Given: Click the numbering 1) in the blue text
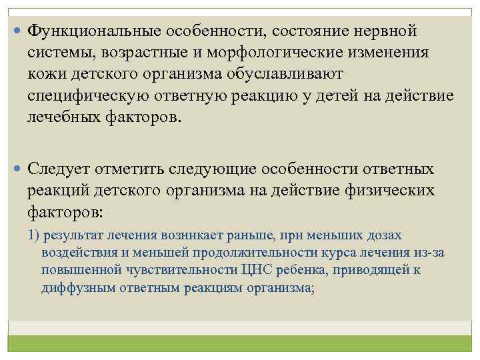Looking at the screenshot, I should click(34, 235).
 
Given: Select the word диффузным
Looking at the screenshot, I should click(70, 288).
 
